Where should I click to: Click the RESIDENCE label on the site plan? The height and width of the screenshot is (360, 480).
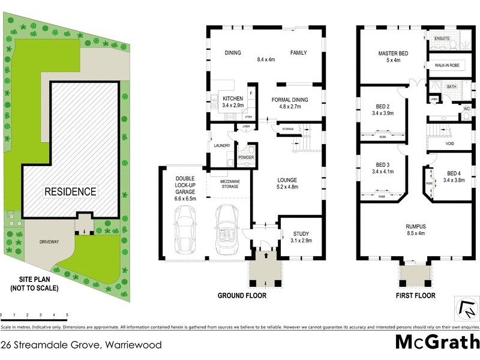coord(70,192)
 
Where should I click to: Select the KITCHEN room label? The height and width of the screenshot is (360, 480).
coord(233,98)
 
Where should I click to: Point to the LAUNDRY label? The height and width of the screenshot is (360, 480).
coord(222,146)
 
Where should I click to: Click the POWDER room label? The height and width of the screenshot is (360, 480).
coord(246,157)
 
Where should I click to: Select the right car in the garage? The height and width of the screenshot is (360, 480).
coord(227,225)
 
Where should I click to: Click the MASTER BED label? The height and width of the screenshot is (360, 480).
coord(393,53)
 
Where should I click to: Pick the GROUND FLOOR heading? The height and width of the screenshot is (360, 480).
coord(242,296)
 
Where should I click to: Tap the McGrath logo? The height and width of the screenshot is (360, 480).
coord(437,341)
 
